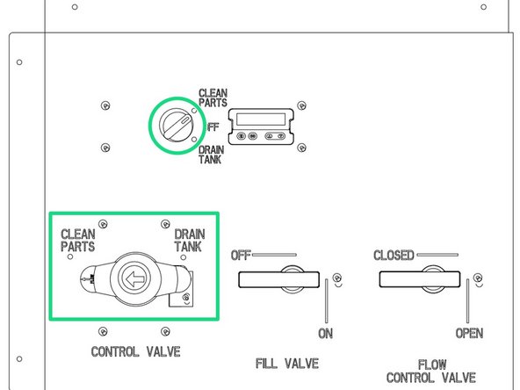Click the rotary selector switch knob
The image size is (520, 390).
(x=176, y=125)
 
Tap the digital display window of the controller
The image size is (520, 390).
(x=261, y=119)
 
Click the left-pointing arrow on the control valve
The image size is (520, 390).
(x=135, y=278)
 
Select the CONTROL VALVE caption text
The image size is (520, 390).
(x=135, y=351)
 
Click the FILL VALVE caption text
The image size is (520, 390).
(x=287, y=364)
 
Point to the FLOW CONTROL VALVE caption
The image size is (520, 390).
(x=431, y=371)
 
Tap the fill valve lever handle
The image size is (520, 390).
(x=279, y=279)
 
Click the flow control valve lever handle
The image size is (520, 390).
(x=420, y=279)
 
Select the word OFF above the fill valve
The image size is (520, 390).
(x=241, y=256)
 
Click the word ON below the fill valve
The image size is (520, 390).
(x=325, y=333)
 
